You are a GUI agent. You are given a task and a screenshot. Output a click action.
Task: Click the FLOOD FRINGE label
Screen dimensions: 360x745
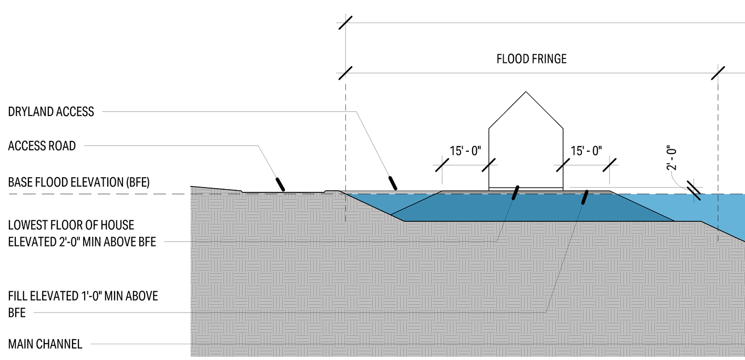click(x=532, y=59)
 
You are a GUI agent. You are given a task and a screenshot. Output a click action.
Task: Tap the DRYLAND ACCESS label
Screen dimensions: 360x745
click(x=51, y=111)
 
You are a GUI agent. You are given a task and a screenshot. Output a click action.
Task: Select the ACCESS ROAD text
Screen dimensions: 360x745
click(x=42, y=146)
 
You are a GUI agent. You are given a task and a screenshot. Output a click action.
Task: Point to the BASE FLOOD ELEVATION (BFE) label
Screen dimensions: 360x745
click(x=79, y=183)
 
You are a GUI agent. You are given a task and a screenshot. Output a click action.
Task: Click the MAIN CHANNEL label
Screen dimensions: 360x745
click(x=45, y=345)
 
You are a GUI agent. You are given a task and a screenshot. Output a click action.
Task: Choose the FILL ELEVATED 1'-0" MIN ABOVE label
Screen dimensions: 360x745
click(x=83, y=296)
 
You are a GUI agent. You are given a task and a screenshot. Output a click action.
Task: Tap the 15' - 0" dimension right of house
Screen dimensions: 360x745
click(x=586, y=151)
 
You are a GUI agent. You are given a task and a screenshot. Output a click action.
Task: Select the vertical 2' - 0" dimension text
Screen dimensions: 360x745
click(x=671, y=158)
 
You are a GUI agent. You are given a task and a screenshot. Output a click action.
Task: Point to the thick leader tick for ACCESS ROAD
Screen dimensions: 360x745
click(x=281, y=183)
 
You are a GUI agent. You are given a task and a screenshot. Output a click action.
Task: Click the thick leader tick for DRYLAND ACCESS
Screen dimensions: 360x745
click(x=393, y=182)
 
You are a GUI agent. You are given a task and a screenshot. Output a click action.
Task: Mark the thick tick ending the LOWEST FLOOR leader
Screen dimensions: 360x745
click(x=516, y=193)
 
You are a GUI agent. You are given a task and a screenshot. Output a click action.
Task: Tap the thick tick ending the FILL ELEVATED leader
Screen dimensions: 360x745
click(x=585, y=197)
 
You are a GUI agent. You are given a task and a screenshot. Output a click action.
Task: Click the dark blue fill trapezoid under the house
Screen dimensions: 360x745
click(x=526, y=208)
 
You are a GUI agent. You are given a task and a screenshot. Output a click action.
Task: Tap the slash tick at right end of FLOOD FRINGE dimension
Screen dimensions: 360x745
click(x=718, y=73)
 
